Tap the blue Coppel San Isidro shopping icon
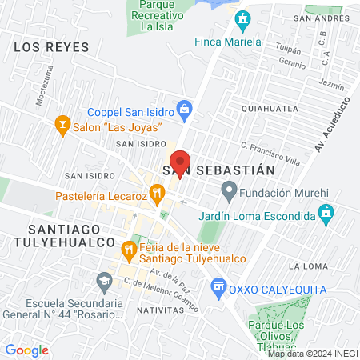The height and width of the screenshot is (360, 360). point(185,107)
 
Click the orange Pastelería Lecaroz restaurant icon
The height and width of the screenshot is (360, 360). point(158,192)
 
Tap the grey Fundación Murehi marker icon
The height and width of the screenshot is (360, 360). point(229,191)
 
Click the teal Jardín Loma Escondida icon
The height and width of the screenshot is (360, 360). point(326,212)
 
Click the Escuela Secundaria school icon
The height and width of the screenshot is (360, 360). point(103,281)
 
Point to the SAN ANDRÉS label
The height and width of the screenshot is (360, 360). point(318,18)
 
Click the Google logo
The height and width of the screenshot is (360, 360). point(26,350)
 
